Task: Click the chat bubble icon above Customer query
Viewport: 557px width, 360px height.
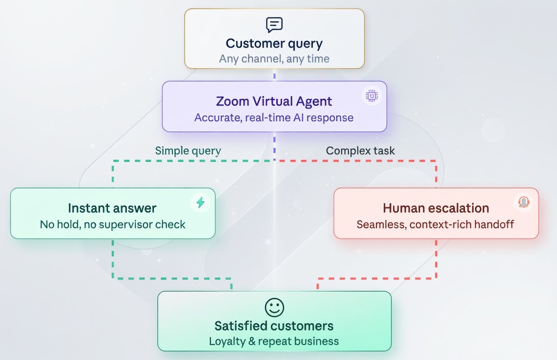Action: coord(274,25)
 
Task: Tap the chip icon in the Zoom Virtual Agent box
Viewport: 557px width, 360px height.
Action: coord(372,96)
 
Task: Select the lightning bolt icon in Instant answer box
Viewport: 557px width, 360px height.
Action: coord(201,202)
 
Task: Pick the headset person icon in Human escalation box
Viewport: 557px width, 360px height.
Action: coord(524,202)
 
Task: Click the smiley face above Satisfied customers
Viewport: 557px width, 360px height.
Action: coord(274,308)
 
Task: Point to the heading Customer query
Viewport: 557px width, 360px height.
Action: coord(274,44)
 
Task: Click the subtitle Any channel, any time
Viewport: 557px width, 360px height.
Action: coord(274,59)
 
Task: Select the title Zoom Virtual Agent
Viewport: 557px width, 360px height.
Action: coord(274,101)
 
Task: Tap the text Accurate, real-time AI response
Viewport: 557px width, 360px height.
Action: coord(274,118)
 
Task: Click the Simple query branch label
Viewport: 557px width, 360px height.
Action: coord(188,151)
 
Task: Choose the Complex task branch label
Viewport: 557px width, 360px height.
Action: coord(360,151)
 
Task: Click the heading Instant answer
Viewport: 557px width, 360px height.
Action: coord(112,208)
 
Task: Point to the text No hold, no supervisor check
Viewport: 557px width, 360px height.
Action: coord(113,224)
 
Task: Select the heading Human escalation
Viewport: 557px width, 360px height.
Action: coord(436,208)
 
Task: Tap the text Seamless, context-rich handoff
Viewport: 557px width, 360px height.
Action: coord(435,224)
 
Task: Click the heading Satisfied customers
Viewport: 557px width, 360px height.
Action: coord(274,326)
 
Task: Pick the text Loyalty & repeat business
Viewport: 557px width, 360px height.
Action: coord(274,341)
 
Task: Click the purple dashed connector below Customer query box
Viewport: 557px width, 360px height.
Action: coord(274,75)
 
